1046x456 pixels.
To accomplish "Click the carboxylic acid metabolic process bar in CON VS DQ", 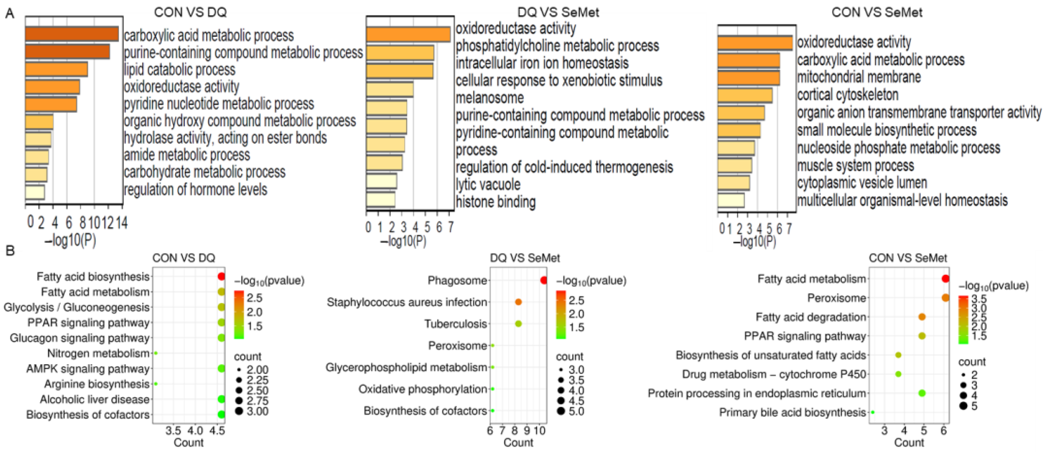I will pyautogui.click(x=71, y=34).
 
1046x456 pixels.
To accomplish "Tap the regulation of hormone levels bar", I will pyautogui.click(x=35, y=192).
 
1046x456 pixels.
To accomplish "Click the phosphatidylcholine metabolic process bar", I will pyautogui.click(x=400, y=53).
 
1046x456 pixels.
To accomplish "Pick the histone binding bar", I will pyautogui.click(x=380, y=199).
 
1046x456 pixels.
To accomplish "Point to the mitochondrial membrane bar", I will pyautogui.click(x=748, y=78).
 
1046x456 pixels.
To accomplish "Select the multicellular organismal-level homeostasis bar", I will pyautogui.click(x=731, y=200).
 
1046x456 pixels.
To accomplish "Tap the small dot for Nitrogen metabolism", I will pyautogui.click(x=155, y=353).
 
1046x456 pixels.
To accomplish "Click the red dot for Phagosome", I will pyautogui.click(x=544, y=280).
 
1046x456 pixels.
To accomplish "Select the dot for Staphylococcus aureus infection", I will pyautogui.click(x=518, y=302).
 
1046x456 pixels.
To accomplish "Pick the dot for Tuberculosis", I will pyautogui.click(x=518, y=323).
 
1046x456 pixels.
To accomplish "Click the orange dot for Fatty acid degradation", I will pyautogui.click(x=922, y=317).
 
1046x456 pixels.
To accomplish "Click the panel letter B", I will pyautogui.click(x=10, y=250).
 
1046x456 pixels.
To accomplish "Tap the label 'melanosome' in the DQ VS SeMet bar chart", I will pyautogui.click(x=490, y=98).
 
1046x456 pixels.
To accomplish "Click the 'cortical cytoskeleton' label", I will pyautogui.click(x=848, y=95).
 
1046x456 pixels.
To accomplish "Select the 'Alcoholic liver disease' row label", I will pyautogui.click(x=95, y=399).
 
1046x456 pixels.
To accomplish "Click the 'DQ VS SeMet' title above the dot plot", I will pyautogui.click(x=525, y=258).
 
